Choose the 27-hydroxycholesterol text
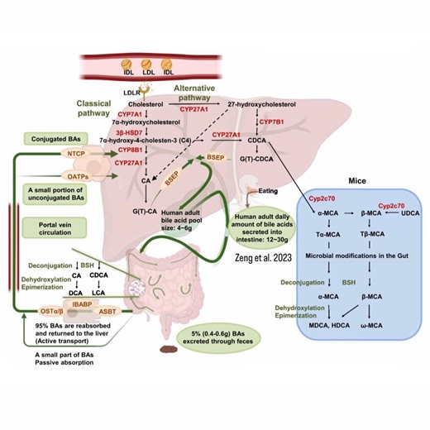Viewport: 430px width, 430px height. point(262,105)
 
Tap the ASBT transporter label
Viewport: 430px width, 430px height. point(99,314)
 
